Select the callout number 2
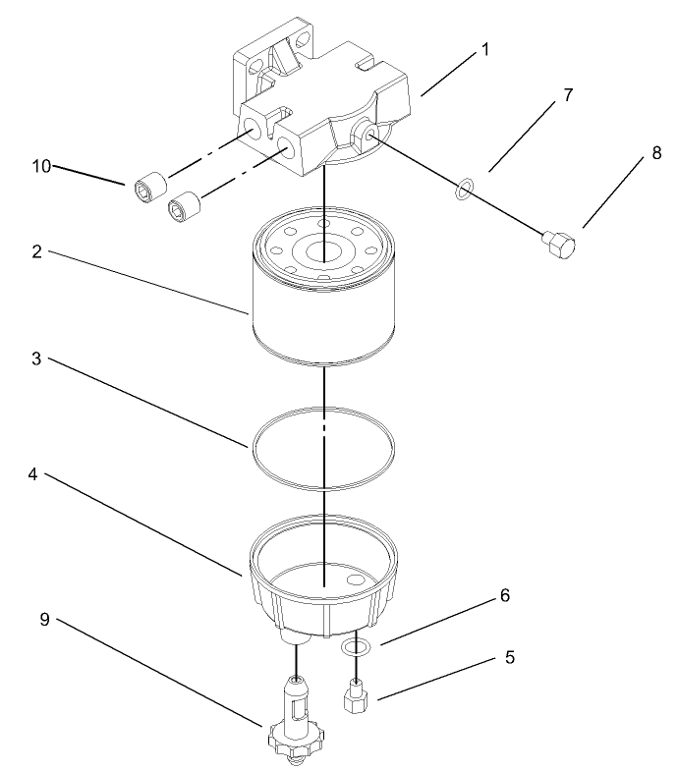click(36, 251)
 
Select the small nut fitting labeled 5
click(356, 699)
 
